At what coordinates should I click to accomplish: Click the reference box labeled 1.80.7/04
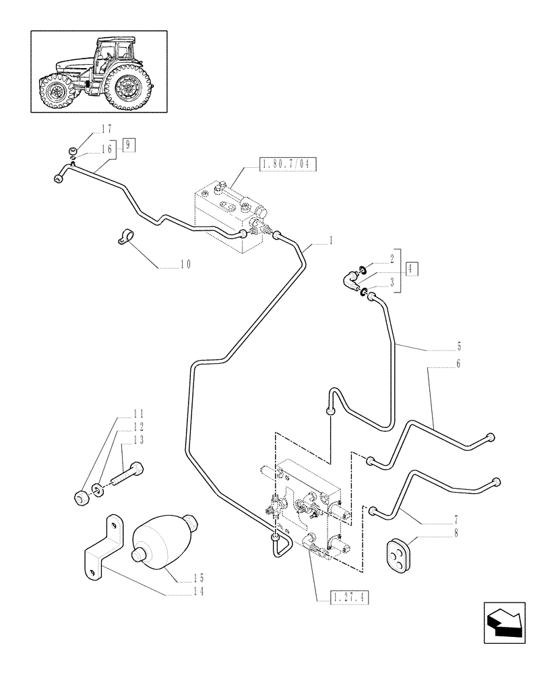point(288,164)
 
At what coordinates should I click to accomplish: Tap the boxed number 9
point(129,144)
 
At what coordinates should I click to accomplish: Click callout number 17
point(106,128)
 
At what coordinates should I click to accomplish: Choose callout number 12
point(137,427)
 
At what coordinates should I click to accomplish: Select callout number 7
point(456,520)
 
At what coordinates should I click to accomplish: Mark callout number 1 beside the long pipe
point(332,241)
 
